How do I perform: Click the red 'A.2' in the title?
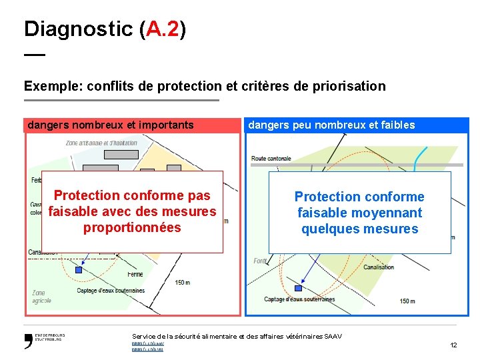pyautogui.click(x=163, y=29)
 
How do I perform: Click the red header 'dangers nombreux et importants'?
pyautogui.click(x=111, y=125)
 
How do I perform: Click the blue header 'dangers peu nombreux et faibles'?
pyautogui.click(x=331, y=125)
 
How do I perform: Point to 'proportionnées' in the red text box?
pyautogui.click(x=132, y=227)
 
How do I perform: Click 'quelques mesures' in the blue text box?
pyautogui.click(x=359, y=229)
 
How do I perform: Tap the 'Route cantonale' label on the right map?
pyautogui.click(x=271, y=158)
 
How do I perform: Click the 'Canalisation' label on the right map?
pyautogui.click(x=379, y=267)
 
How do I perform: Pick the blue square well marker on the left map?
pyautogui.click(x=79, y=270)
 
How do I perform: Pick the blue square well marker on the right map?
pyautogui.click(x=298, y=288)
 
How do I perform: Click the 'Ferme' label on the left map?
pyautogui.click(x=135, y=274)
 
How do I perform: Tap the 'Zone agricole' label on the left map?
pyautogui.click(x=41, y=297)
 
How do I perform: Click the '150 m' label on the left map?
pyautogui.click(x=182, y=282)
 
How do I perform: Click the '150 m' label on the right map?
pyautogui.click(x=407, y=301)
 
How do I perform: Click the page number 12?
pyautogui.click(x=453, y=345)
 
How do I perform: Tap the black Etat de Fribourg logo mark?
pyautogui.click(x=29, y=341)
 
